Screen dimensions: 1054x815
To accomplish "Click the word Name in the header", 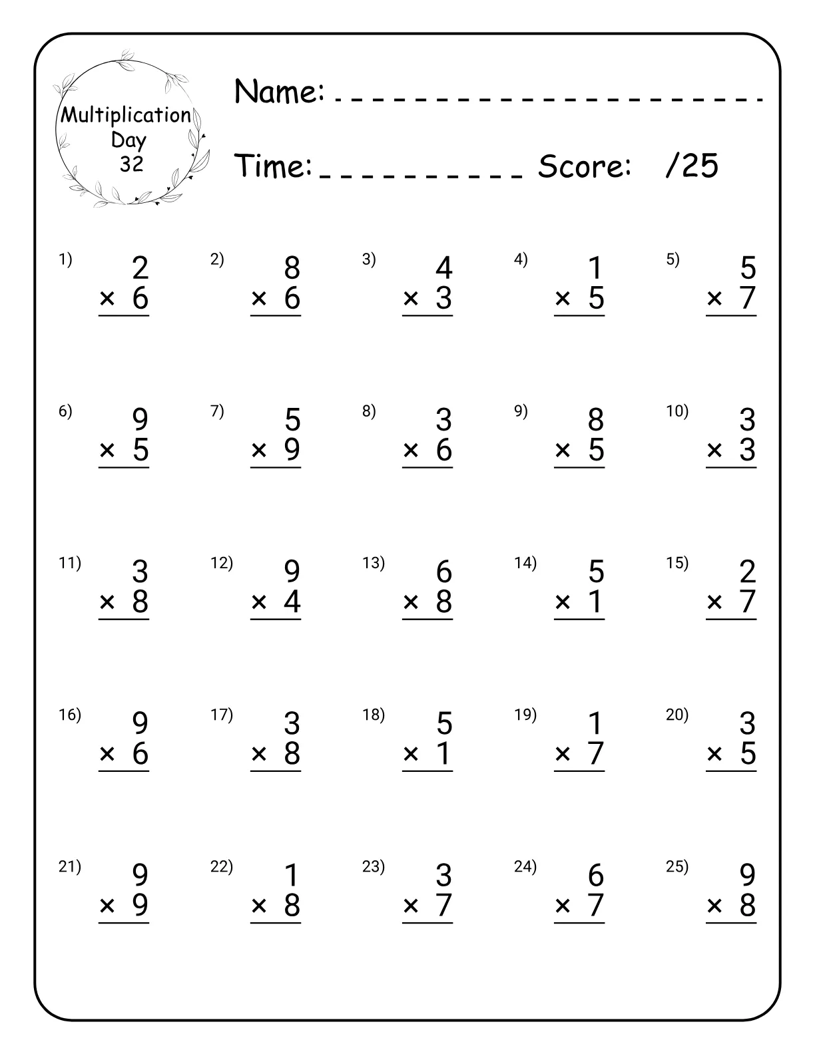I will click(278, 91).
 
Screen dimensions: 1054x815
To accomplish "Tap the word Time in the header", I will click(274, 166).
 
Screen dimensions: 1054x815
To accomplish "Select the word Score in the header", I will click(584, 166).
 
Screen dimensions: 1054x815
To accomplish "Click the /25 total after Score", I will click(692, 166).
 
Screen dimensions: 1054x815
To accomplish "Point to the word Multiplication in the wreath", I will click(126, 115).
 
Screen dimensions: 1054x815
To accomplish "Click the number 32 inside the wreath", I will click(131, 164).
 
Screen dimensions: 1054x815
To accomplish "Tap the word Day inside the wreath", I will click(129, 140).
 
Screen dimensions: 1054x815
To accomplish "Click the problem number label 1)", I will click(65, 260).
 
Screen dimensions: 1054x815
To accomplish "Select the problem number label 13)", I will click(374, 563).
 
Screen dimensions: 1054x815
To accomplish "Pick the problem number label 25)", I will click(677, 866).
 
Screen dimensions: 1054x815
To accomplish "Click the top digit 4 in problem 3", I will click(444, 268).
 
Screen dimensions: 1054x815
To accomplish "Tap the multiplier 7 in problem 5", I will click(748, 298).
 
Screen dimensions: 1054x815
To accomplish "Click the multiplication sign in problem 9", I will click(563, 450).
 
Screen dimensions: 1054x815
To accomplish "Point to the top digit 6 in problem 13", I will click(444, 572).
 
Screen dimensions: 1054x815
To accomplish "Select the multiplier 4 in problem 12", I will click(292, 602).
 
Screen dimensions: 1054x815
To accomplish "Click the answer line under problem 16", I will click(124, 771).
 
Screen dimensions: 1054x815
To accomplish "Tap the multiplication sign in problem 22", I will click(259, 906).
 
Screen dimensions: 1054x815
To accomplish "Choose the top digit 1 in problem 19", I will click(596, 723).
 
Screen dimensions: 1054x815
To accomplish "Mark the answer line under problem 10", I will click(731, 468).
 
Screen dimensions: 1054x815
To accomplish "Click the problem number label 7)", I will click(217, 411).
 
